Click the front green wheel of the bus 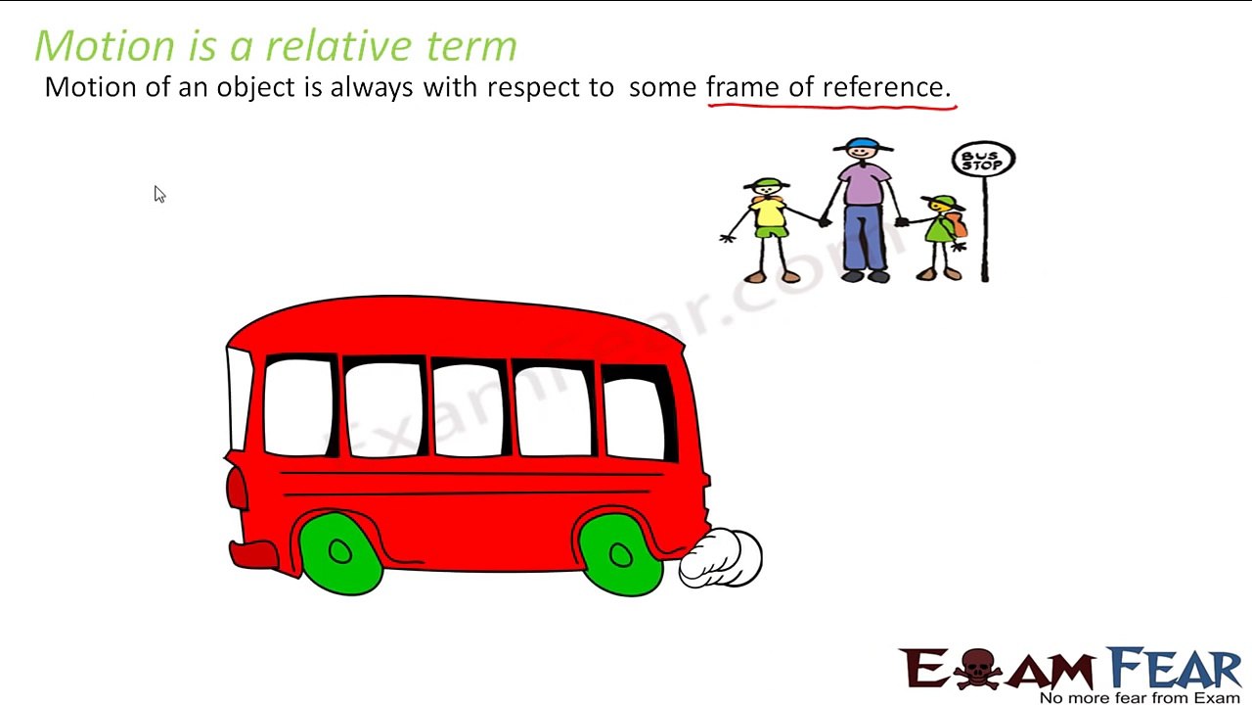click(339, 553)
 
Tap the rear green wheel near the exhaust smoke click(620, 555)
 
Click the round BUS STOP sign click(983, 160)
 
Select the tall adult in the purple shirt click(864, 211)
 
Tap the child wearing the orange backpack click(943, 235)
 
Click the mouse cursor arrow click(159, 194)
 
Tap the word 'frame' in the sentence click(743, 86)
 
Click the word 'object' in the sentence click(255, 87)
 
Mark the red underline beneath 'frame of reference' click(831, 104)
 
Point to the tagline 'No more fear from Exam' click(1140, 697)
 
